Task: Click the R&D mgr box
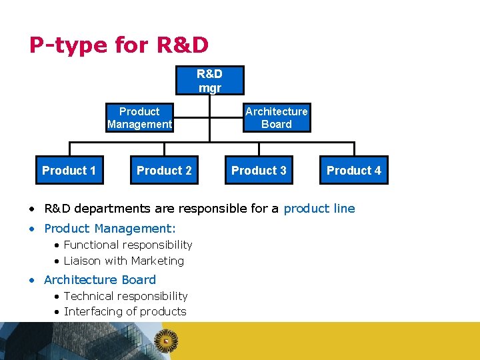tap(209, 81)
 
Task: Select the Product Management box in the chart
tap(139, 118)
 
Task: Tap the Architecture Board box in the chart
tap(276, 118)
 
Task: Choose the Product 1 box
tap(69, 171)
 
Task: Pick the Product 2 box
tap(164, 171)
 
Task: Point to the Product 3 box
tap(259, 171)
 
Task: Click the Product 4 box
tap(354, 171)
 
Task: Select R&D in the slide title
tap(182, 45)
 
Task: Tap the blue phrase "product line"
tap(319, 209)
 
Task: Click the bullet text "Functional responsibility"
tap(128, 245)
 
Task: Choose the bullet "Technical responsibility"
tap(125, 296)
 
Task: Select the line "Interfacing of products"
tap(125, 311)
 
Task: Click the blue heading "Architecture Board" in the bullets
tap(100, 280)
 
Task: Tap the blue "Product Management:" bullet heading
tap(110, 229)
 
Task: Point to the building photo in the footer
tap(73, 341)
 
